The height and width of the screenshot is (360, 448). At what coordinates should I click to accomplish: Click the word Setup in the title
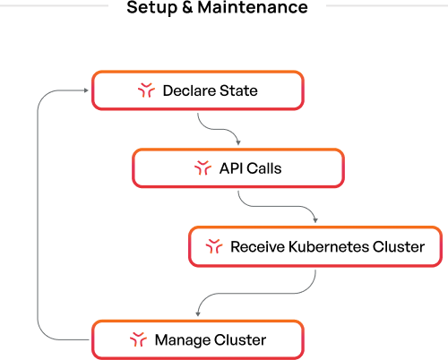click(151, 7)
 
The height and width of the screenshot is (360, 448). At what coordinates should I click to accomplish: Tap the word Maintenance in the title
click(253, 7)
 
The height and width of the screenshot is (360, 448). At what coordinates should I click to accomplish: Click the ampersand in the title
click(187, 7)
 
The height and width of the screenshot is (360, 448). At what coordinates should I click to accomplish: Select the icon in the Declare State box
click(146, 90)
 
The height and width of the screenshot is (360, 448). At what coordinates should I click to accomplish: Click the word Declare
click(190, 90)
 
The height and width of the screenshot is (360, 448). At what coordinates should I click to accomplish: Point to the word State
click(238, 90)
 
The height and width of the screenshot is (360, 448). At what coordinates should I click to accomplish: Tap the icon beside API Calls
click(202, 167)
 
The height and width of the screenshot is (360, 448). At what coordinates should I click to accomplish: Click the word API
click(231, 168)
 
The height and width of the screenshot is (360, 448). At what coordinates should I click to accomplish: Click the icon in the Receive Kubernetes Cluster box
click(214, 246)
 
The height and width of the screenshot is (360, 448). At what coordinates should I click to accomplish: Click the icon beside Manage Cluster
click(138, 339)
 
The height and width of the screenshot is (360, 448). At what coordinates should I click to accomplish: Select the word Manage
click(183, 340)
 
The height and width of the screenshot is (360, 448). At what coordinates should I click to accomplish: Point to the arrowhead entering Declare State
click(86, 90)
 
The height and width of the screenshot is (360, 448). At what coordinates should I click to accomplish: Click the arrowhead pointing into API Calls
click(238, 143)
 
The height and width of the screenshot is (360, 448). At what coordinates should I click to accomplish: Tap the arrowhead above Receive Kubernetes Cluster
click(315, 220)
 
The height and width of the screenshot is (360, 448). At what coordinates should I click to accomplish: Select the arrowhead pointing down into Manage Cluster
click(198, 314)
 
